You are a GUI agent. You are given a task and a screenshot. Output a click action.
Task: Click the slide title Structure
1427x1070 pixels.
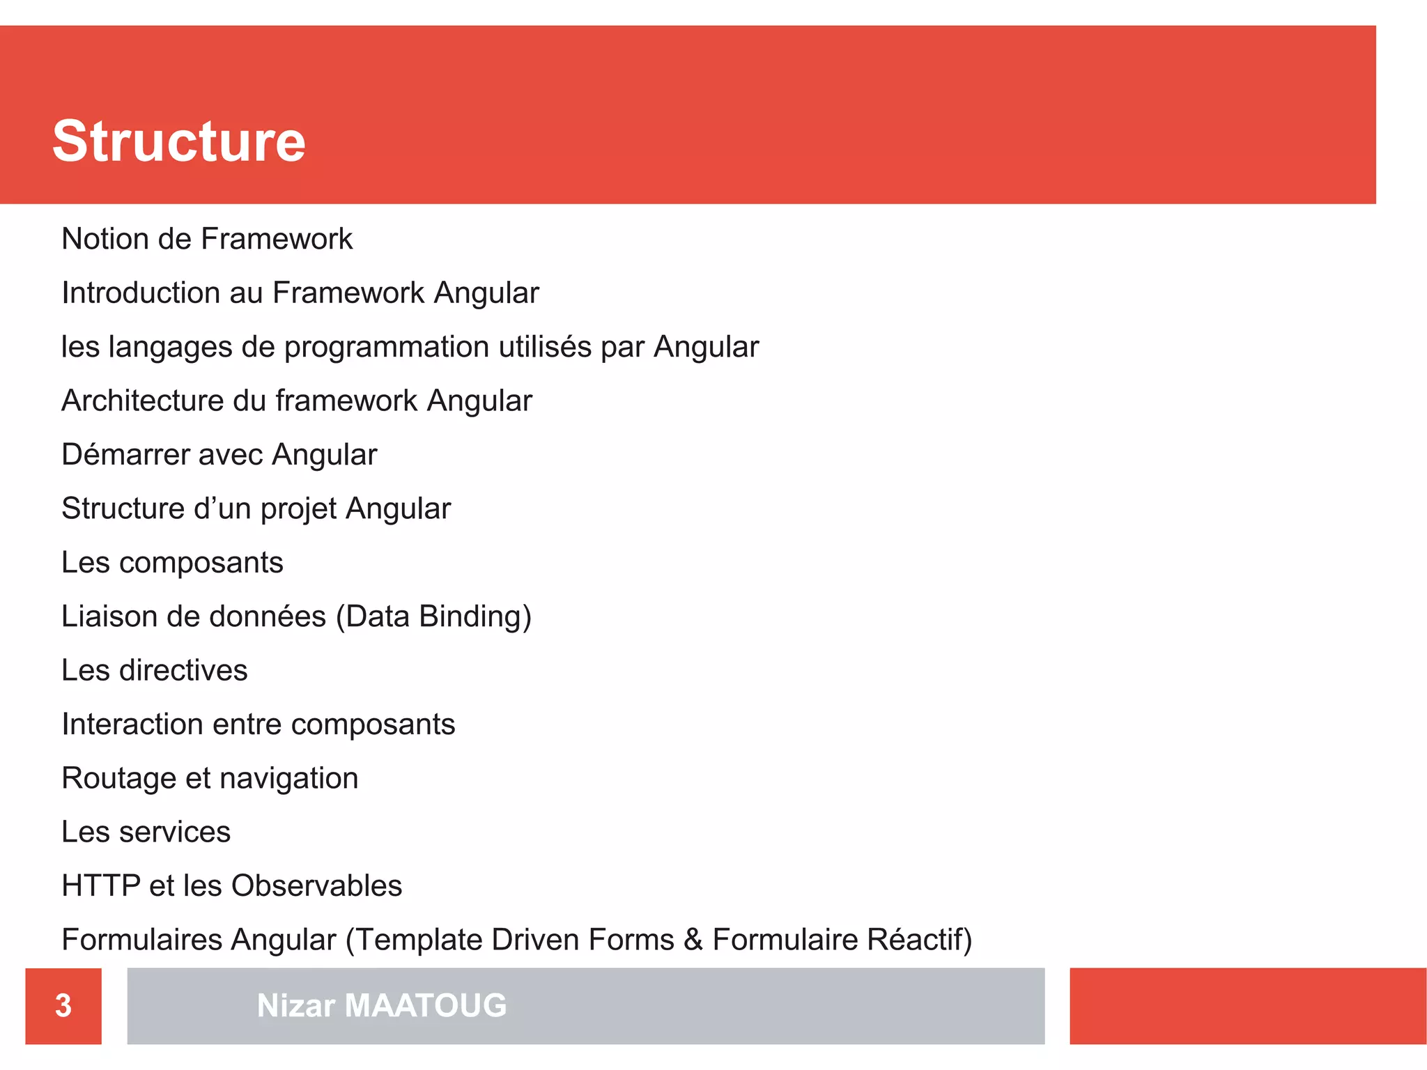tap(179, 141)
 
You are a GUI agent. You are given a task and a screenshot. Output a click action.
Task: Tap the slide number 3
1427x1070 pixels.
tap(63, 1005)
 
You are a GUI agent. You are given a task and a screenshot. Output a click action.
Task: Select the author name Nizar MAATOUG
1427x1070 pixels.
tap(381, 1005)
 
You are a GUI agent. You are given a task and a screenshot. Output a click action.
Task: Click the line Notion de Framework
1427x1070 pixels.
tap(207, 239)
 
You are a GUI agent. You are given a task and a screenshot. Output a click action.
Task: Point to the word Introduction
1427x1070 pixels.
tap(141, 293)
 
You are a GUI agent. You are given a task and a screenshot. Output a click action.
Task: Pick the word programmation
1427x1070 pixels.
tap(386, 347)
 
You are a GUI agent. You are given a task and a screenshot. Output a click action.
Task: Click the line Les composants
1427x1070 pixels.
tap(172, 562)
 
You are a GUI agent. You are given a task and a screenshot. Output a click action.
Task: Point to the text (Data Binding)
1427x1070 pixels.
tap(433, 617)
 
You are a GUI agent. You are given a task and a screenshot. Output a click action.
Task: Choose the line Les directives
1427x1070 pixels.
tap(154, 670)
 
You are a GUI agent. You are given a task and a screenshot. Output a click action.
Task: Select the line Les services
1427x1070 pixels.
tap(146, 832)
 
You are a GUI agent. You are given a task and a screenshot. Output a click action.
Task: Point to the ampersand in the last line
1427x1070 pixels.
tap(693, 940)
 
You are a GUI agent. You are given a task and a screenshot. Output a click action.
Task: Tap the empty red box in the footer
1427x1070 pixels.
tap(1247, 1005)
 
